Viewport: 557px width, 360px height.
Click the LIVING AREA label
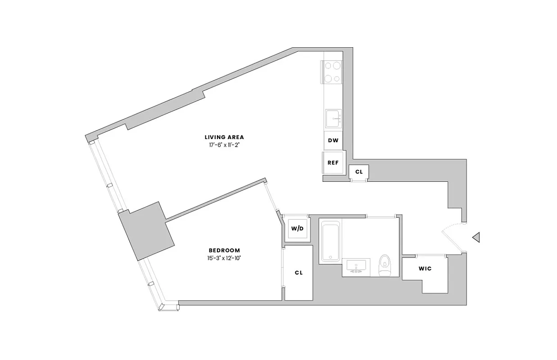224,137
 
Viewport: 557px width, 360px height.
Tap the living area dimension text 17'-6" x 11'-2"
224,145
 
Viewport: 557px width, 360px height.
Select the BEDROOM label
224,250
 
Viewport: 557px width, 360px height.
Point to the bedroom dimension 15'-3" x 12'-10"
224,258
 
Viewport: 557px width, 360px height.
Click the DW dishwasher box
333,140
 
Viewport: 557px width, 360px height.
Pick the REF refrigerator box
333,162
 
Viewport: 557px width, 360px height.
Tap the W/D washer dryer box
297,229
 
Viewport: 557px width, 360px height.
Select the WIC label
425,269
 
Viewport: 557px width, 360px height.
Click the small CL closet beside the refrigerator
359,171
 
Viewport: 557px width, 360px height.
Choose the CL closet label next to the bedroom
299,273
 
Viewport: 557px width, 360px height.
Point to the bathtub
330,240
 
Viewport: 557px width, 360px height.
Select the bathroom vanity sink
356,266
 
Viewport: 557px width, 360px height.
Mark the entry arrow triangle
476,237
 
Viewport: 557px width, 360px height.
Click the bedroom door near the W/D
273,198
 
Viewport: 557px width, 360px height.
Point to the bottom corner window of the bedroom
169,307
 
